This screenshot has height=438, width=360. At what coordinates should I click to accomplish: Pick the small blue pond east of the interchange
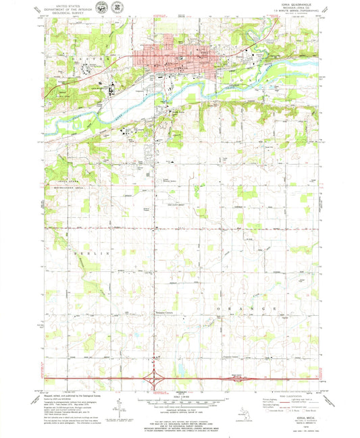pyautogui.click(x=181, y=368)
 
